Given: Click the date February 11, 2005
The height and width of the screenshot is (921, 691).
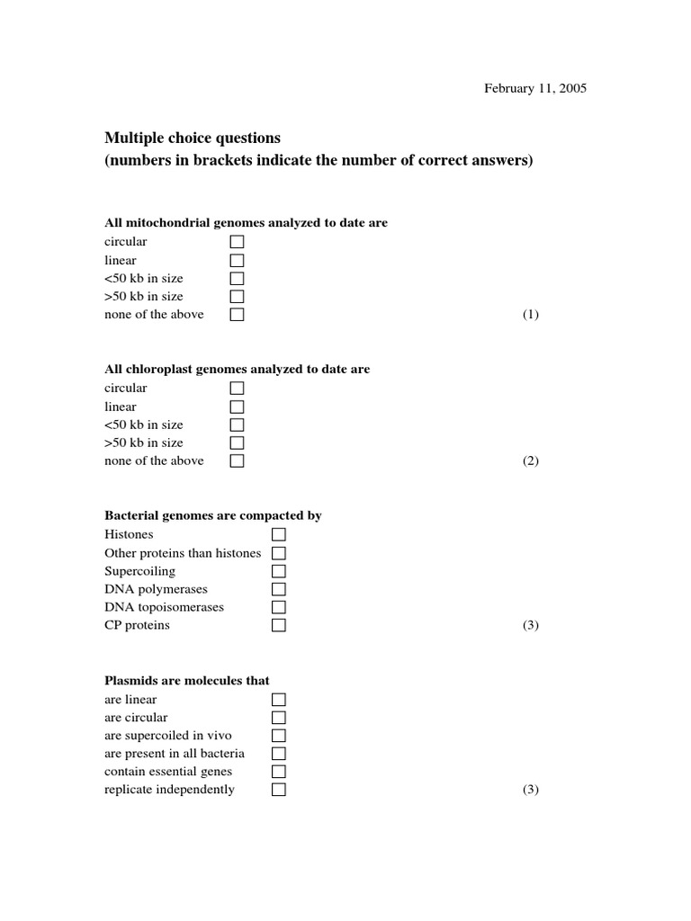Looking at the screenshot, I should pos(535,88).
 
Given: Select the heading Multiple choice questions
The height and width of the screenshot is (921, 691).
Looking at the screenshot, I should pos(193,138).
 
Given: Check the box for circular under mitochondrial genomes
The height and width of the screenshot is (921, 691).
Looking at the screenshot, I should pos(238,242).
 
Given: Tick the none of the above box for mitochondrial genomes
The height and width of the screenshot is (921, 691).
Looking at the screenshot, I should pos(238,315).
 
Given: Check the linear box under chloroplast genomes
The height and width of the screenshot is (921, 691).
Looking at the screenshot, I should pos(238,407).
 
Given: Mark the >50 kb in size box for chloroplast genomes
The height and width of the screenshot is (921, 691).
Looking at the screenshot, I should pos(238,443).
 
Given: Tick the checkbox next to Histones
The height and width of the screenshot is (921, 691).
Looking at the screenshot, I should pos(279,534).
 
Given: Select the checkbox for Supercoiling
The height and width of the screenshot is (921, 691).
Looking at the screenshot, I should pos(279,571).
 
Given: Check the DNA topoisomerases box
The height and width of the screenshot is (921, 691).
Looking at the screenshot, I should pos(279,607).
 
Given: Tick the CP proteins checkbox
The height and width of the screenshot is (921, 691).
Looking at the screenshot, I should pos(279,625).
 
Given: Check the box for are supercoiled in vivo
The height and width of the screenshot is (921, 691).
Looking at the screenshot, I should pos(279,736).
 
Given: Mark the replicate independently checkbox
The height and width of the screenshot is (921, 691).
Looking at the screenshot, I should pos(279,790).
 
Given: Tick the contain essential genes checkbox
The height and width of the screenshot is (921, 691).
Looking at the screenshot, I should pos(279,772).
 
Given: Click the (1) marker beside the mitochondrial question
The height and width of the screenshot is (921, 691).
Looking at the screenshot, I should pos(531,315).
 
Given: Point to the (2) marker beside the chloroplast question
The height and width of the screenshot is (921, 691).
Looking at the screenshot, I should pos(531,461).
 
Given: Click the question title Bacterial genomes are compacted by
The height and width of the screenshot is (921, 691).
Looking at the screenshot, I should pos(213,515).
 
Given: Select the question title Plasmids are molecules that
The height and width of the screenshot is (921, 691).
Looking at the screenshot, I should pos(187,681).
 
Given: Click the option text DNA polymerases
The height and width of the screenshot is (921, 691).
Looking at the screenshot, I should pos(156,589).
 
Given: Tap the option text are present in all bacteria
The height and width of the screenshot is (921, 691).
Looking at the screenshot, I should pos(175,754).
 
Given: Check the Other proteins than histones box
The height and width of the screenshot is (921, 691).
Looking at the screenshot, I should pos(279,553).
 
